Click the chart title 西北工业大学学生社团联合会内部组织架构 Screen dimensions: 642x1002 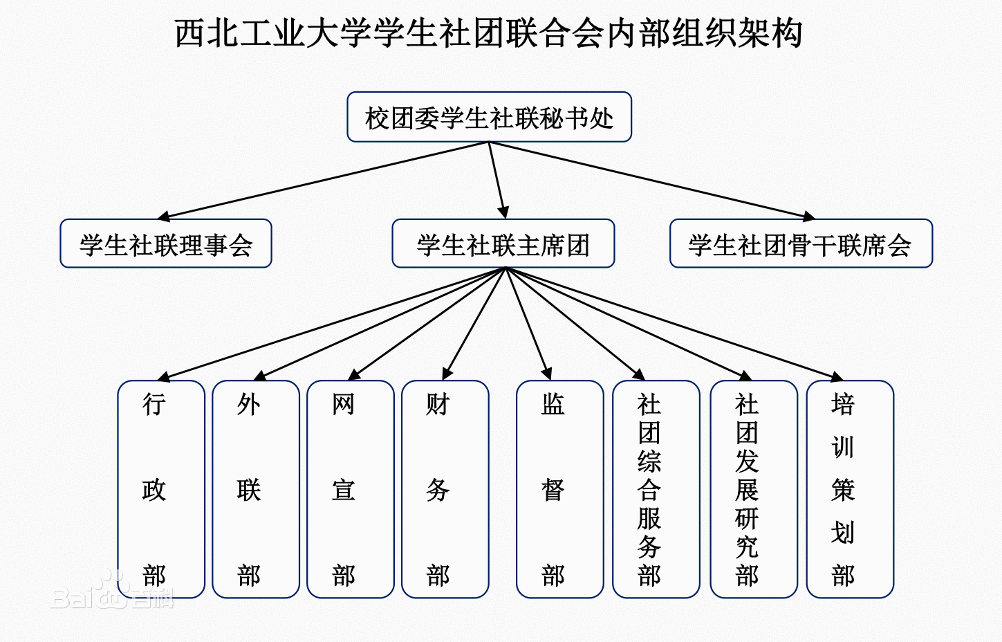coord(488,33)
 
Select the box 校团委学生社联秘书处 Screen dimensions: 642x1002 coord(489,118)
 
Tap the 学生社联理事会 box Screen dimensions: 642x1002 coord(166,244)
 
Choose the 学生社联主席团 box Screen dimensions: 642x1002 coord(503,244)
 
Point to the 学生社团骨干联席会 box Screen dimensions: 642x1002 coord(801,244)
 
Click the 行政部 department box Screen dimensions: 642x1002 coord(161,489)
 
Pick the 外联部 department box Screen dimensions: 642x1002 coord(255,489)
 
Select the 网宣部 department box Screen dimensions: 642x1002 coord(350,489)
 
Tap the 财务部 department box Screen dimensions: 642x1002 coord(445,489)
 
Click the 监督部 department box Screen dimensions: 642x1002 coord(559,489)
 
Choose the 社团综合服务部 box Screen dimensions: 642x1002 coord(656,489)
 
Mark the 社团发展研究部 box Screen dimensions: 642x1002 coord(753,489)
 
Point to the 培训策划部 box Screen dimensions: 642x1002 coord(850,489)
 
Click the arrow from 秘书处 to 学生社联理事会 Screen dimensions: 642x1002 coord(325,181)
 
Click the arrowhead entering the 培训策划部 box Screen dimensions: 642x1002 coord(837,377)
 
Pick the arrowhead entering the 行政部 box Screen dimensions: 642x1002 coord(164,377)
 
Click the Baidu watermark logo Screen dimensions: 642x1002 coord(111,594)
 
